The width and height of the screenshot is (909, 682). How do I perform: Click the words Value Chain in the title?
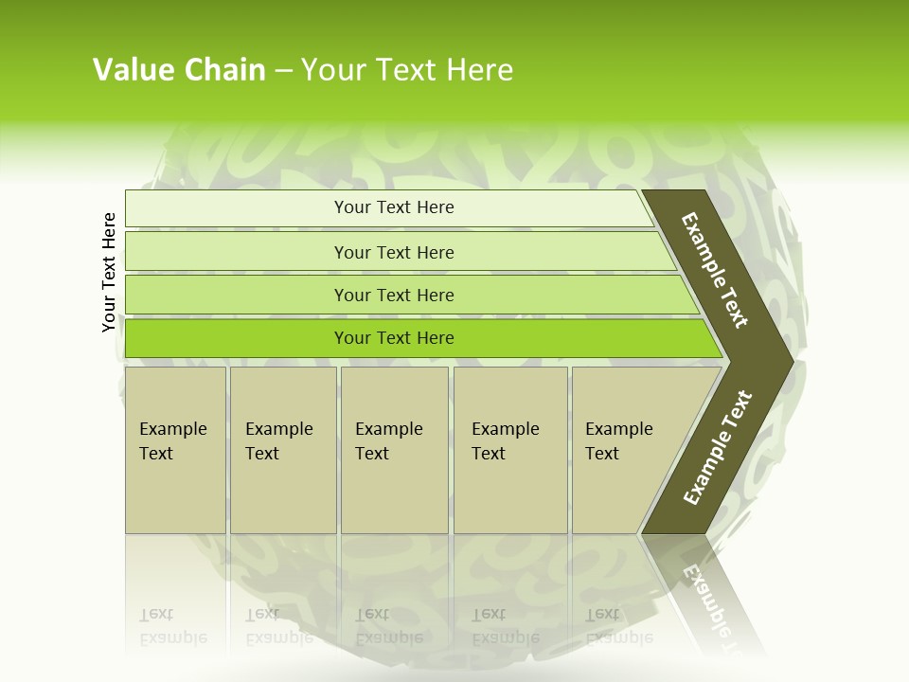[179, 70]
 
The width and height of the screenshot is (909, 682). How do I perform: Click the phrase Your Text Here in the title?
[407, 70]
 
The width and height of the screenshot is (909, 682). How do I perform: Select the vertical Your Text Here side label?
[109, 272]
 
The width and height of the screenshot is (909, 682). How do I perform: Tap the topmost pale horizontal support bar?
[237, 208]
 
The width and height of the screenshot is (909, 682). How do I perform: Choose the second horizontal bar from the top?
[237, 252]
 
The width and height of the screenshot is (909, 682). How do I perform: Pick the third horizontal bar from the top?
[237, 295]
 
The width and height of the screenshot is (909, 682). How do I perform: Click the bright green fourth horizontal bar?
[237, 338]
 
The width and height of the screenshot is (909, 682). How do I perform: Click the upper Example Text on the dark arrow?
[715, 270]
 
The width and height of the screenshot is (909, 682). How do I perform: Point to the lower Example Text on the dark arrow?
[718, 448]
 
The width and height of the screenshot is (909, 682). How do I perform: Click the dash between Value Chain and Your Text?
[283, 70]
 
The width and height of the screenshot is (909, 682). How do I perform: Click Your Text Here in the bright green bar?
[394, 338]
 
